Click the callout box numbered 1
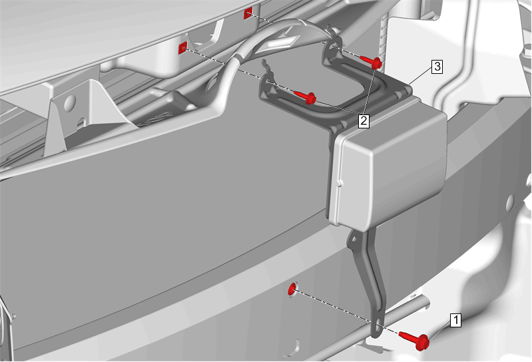tap(455, 320)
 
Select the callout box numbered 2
tap(364, 120)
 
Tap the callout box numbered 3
tap(437, 67)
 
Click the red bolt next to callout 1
tap(415, 340)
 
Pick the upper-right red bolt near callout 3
tap(371, 62)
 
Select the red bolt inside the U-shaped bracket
tap(306, 98)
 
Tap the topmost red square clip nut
tap(248, 13)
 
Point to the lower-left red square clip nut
tap(182, 49)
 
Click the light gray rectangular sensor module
tap(390, 162)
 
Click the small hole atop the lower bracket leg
tap(354, 239)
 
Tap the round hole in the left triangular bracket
tap(70, 102)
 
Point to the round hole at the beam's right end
tap(510, 202)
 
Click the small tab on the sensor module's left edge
tap(340, 184)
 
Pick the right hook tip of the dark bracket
tap(329, 27)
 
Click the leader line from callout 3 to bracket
tap(420, 75)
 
